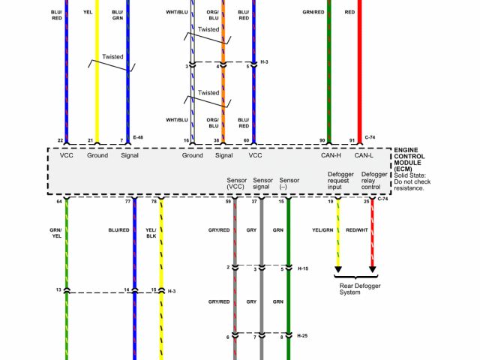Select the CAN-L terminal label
pyautogui.click(x=364, y=155)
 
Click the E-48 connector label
pyautogui.click(x=138, y=139)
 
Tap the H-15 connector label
pyautogui.click(x=302, y=268)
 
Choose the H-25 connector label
pyautogui.click(x=302, y=336)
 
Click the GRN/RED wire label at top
pyautogui.click(x=313, y=13)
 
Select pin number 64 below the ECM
pyautogui.click(x=58, y=200)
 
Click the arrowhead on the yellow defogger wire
pyautogui.click(x=338, y=268)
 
